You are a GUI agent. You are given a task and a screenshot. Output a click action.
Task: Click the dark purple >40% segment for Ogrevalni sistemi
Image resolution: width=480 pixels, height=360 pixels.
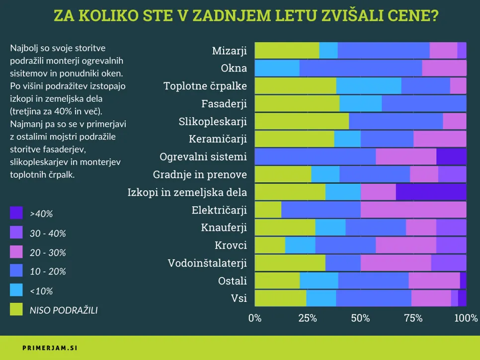[451, 156]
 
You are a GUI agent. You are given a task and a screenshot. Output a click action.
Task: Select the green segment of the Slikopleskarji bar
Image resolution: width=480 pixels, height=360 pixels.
[302, 121]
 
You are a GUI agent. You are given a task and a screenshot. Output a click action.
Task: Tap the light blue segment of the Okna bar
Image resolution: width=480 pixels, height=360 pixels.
[277, 68]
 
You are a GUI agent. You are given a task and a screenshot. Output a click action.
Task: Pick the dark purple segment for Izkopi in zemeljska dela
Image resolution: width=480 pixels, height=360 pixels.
[431, 192]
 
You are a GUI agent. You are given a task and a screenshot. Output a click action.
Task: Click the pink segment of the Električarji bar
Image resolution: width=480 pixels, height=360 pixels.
[413, 210]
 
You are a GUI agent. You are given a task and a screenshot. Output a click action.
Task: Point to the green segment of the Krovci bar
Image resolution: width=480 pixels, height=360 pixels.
[270, 245]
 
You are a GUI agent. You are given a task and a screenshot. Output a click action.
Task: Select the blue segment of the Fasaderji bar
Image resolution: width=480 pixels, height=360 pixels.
[424, 103]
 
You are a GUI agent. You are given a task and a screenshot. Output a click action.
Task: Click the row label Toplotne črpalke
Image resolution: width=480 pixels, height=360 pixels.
[205, 86]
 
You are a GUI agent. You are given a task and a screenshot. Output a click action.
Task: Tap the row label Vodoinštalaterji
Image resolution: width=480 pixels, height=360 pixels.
[207, 263]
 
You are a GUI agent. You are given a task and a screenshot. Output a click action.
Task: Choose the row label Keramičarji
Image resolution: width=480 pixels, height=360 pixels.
[218, 139]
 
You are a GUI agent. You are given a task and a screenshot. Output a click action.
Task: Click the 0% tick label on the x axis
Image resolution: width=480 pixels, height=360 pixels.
[254, 318]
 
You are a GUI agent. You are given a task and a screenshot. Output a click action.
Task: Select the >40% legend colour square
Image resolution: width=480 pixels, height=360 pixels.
[16, 214]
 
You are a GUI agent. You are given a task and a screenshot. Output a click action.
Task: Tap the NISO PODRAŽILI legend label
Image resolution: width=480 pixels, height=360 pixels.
[63, 310]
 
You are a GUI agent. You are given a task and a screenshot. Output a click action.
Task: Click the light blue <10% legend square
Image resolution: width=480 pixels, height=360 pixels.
[16, 291]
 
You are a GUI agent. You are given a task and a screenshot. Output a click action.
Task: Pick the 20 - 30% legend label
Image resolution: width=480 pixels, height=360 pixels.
[48, 253]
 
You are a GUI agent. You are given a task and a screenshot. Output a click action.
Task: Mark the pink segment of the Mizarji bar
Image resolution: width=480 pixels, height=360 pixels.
[443, 51]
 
